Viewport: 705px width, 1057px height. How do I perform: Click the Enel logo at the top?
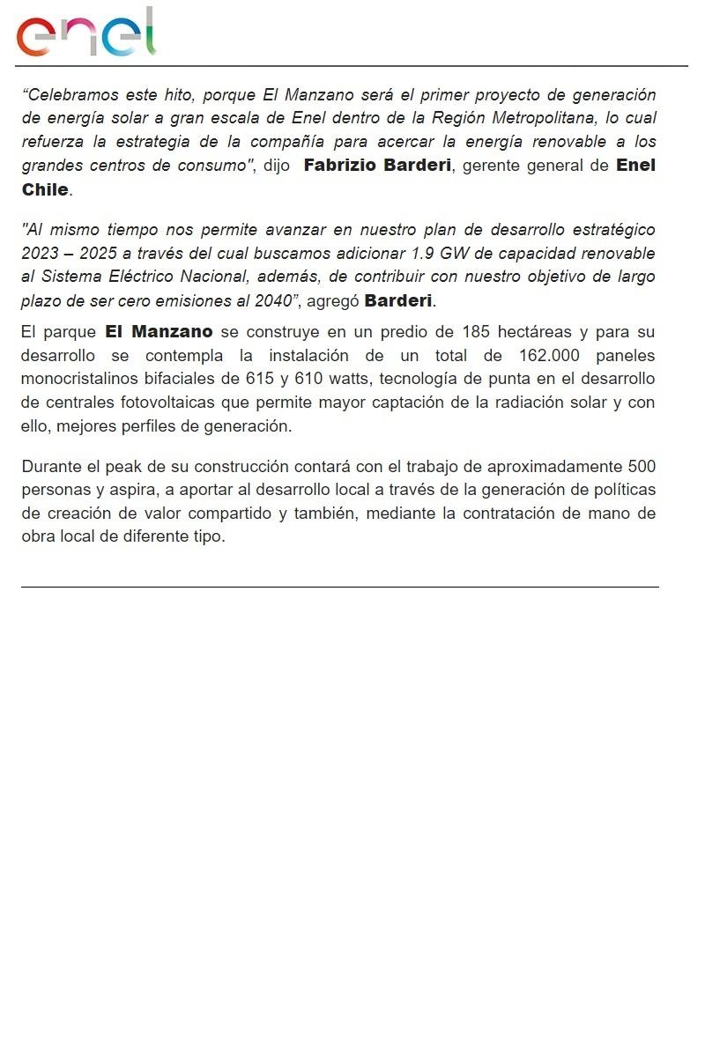coord(85,34)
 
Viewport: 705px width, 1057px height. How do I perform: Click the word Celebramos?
coord(71,94)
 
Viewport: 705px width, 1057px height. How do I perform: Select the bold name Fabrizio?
coord(340,166)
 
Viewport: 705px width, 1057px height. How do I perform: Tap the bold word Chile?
coord(45,189)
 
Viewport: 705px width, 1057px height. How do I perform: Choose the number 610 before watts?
coord(308,379)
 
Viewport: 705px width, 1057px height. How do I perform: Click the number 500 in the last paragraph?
coord(641,466)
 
